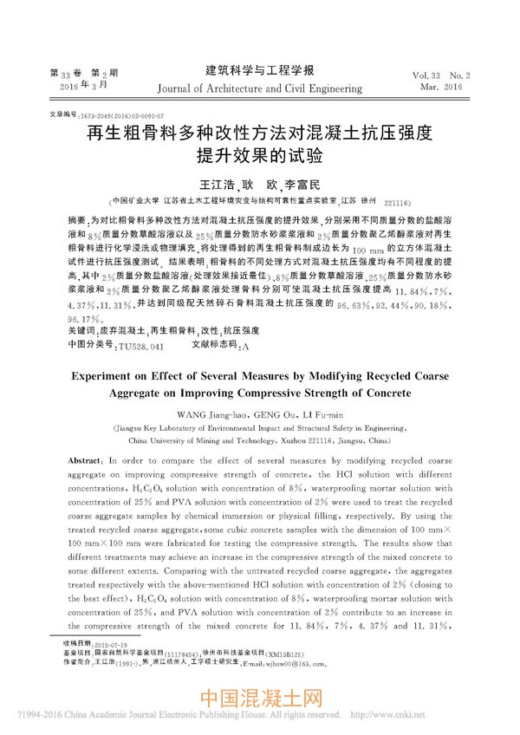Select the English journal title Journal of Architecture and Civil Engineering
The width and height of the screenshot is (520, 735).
click(259, 88)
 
